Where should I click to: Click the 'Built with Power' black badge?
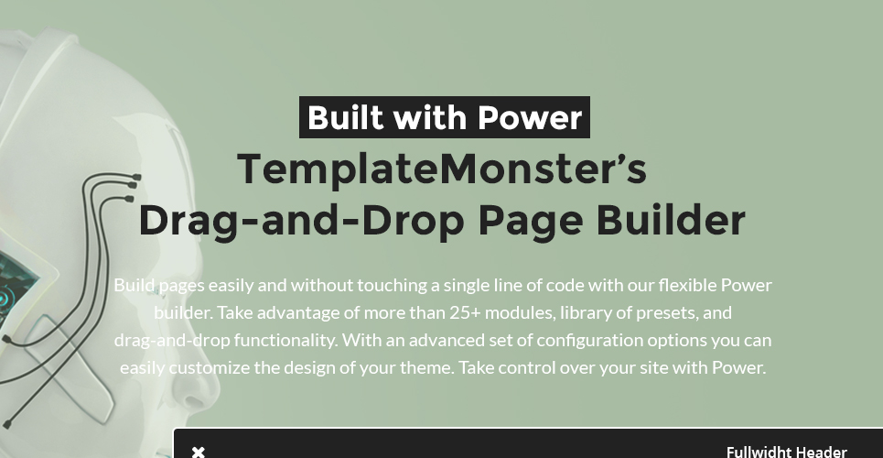[x=445, y=118]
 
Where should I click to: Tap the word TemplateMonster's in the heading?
[x=442, y=169]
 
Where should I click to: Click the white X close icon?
[x=199, y=452]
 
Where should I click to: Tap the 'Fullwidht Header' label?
[x=786, y=452]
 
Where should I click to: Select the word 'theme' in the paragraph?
[x=428, y=368]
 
